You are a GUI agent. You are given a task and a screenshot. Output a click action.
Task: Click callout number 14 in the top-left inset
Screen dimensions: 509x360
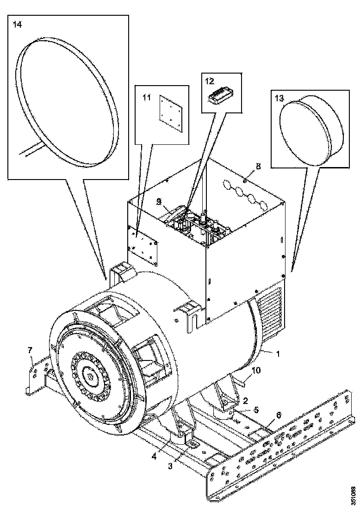(x=17, y=25)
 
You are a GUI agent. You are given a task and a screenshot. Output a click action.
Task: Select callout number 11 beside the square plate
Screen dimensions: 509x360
(x=147, y=98)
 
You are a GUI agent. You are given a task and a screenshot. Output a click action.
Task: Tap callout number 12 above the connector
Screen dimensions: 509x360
(x=210, y=81)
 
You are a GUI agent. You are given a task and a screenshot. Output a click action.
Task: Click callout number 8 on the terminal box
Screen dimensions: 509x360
(x=258, y=165)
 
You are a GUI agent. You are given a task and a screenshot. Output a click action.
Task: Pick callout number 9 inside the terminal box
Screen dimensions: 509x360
(x=159, y=202)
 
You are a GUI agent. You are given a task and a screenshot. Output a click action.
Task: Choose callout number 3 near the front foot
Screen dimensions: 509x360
(x=170, y=466)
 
